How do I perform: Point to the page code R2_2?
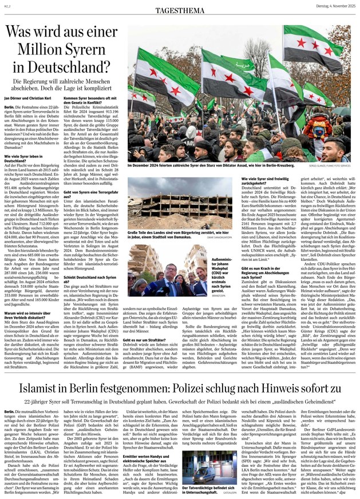pos(7,5)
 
